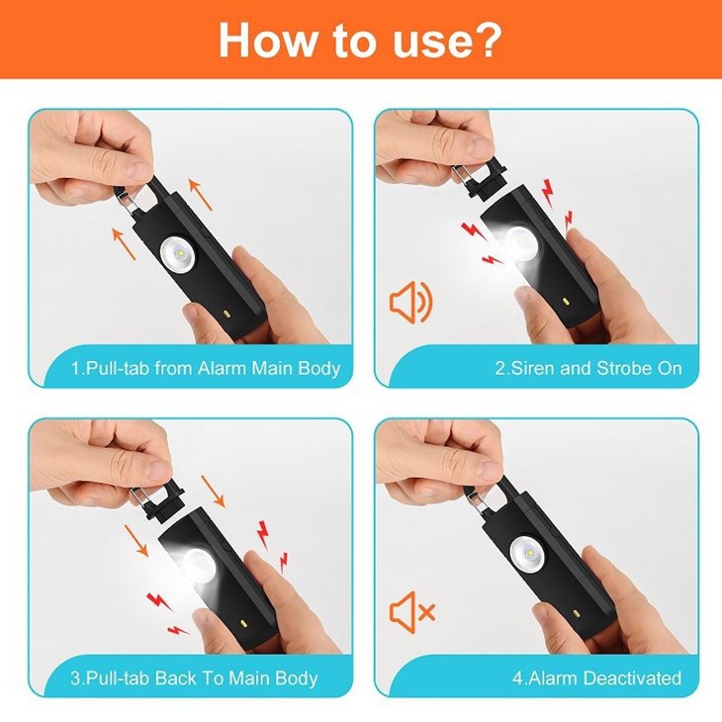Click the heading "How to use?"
[360, 39]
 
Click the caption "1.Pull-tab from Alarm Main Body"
[206, 369]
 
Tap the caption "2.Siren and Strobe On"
[587, 369]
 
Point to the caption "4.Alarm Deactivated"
[596, 678]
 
